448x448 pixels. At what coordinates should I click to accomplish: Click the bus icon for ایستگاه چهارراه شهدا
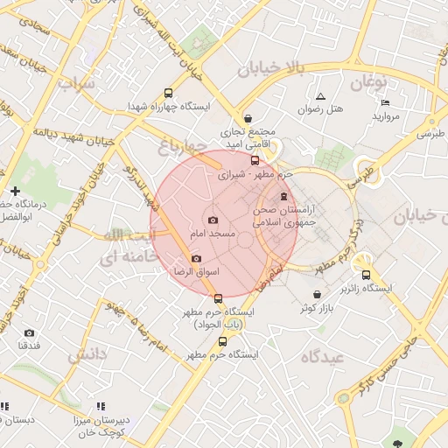[x=168, y=93]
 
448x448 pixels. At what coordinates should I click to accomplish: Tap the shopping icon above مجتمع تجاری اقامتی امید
[x=248, y=118]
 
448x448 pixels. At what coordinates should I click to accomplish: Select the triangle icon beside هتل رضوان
[x=320, y=96]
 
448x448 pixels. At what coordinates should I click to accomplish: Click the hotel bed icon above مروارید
[x=386, y=102]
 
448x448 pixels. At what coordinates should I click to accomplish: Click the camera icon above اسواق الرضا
[x=196, y=258]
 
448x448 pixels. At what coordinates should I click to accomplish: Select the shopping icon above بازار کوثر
[x=317, y=294]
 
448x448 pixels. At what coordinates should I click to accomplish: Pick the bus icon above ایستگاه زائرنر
[x=366, y=274]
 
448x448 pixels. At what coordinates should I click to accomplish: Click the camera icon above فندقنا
[x=29, y=332]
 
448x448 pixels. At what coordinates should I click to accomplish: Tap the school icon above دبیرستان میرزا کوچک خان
[x=101, y=406]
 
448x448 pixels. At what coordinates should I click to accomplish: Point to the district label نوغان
[x=368, y=82]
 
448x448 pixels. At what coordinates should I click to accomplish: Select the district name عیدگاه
[x=323, y=357]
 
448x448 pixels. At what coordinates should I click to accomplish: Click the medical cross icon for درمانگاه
[x=14, y=191]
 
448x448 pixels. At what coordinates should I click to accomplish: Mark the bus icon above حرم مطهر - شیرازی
[x=255, y=161]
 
